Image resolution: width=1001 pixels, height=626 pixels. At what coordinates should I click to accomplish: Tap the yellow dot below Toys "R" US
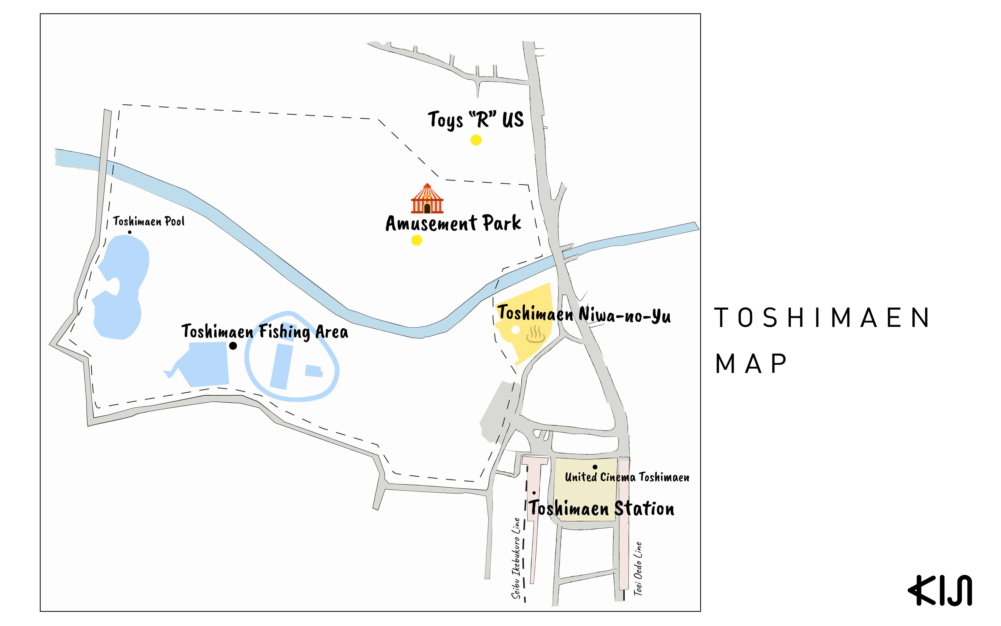tap(476, 140)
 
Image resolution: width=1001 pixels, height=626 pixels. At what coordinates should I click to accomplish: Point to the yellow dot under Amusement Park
tap(416, 240)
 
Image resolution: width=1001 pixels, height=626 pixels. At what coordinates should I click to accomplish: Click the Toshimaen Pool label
tap(149, 222)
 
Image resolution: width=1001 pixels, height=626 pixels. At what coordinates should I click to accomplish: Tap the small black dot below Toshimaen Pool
tap(129, 232)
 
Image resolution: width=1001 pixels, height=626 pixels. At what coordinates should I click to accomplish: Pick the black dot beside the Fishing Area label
tap(233, 346)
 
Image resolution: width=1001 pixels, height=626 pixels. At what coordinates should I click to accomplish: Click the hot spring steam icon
tap(535, 335)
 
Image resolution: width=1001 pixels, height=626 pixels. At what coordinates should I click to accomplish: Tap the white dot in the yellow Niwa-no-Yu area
tap(516, 330)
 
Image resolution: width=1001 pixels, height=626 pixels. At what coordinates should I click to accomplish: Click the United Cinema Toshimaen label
tap(627, 477)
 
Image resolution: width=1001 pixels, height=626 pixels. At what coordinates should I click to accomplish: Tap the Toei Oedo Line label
tap(638, 568)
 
